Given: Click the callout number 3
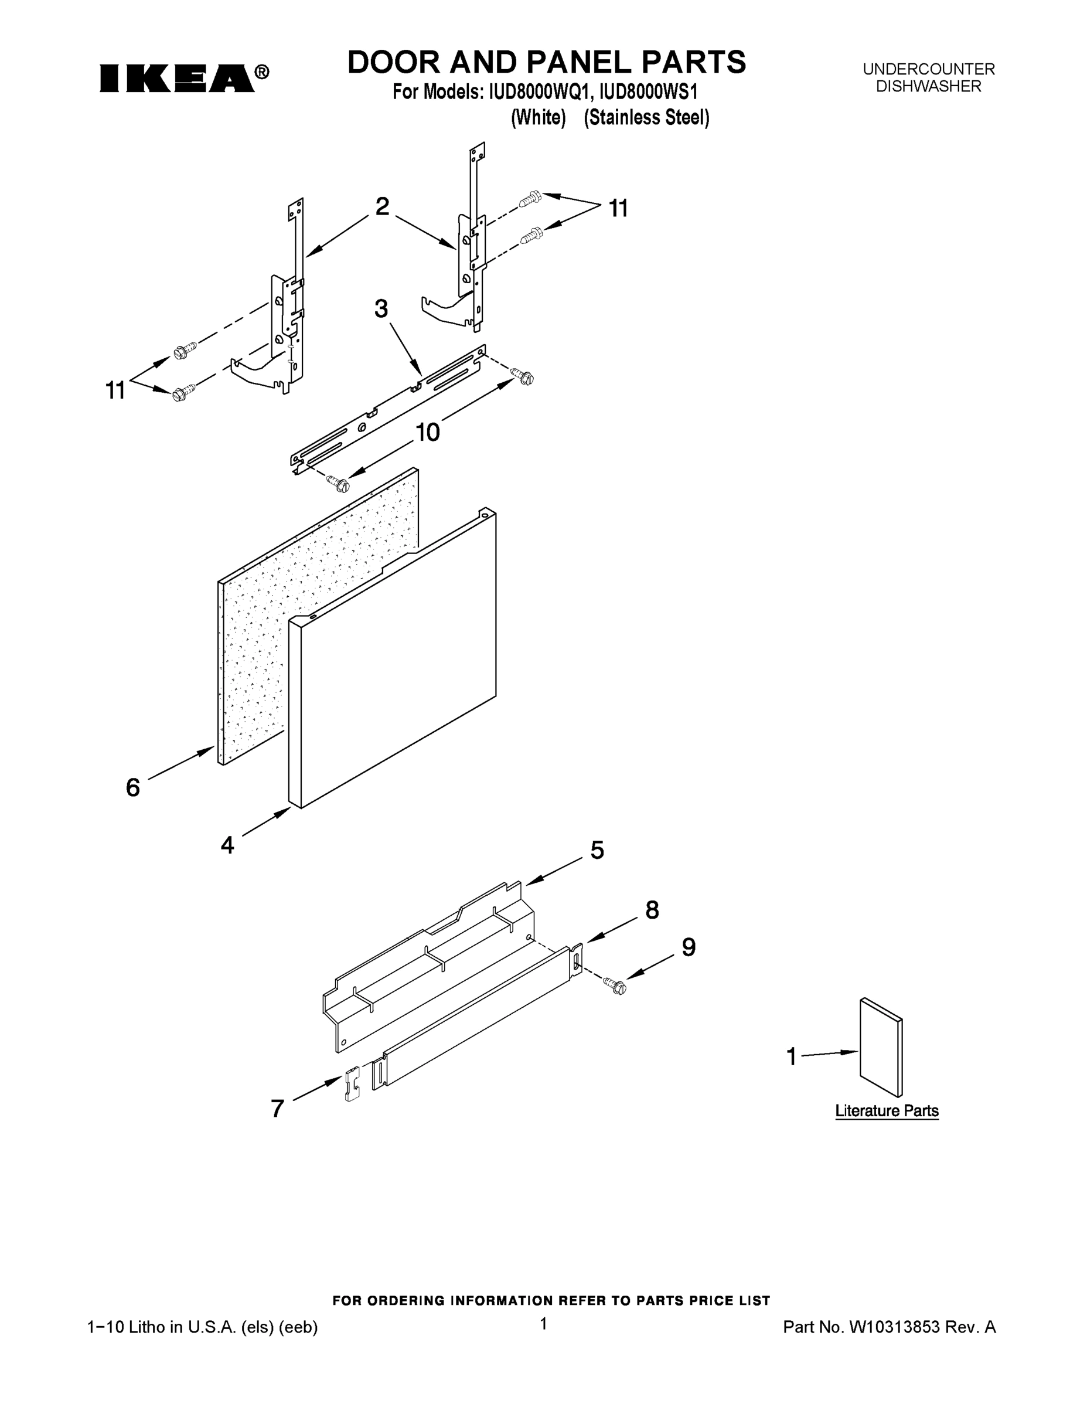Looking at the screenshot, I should coord(381,309).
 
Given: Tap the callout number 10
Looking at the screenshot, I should coord(427,432).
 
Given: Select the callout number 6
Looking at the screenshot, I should coord(132,787).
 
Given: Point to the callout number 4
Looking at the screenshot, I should coord(227,845).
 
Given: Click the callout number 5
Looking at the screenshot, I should coord(597,851).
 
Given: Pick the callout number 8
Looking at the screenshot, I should coord(652,910).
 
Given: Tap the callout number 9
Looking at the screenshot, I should coord(689,947).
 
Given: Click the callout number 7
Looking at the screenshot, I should coord(278,1109).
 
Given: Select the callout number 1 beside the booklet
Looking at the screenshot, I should coord(792,1056).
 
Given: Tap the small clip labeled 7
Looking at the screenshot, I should coord(352,1084).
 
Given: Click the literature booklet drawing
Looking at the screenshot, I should coord(880,1047).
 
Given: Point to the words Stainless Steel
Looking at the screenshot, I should coord(646,118).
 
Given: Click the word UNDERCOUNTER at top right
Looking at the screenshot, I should coord(928,69).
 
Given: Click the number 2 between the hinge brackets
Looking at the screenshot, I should coord(382,207).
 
